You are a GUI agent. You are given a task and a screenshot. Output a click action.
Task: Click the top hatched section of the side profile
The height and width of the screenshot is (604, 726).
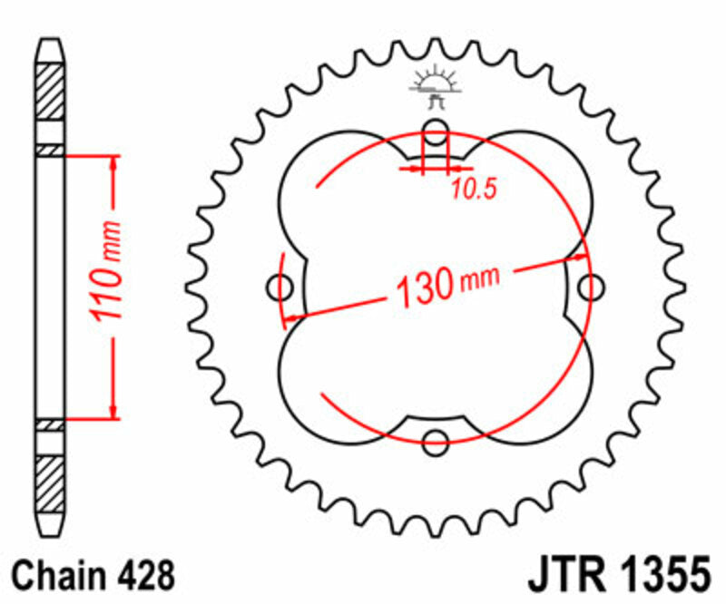click(x=51, y=91)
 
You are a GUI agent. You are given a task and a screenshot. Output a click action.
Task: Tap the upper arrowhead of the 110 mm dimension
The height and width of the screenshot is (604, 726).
click(x=114, y=163)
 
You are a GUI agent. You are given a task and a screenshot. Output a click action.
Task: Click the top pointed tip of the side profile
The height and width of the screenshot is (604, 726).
click(x=51, y=42)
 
